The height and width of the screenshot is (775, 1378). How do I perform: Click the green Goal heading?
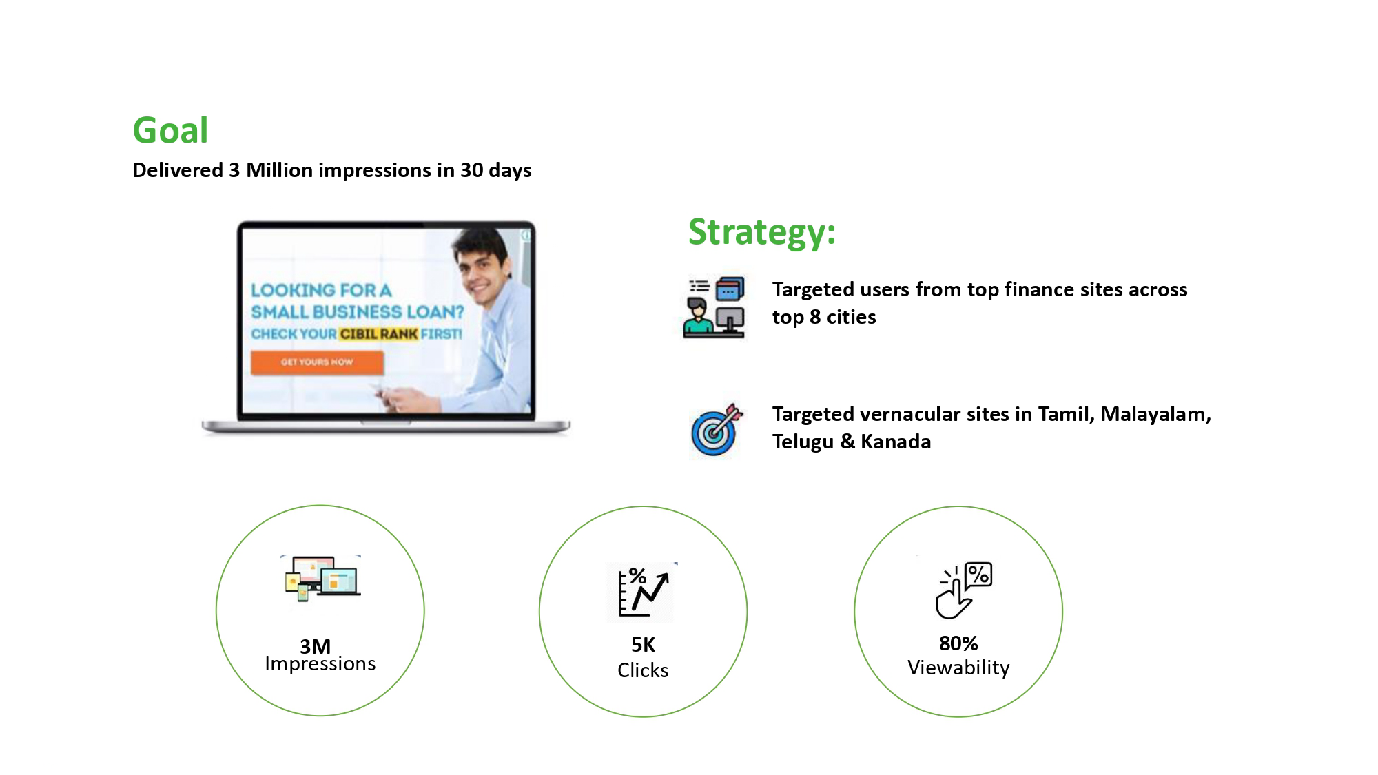pos(170,131)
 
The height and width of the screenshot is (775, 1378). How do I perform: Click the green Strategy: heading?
pos(761,232)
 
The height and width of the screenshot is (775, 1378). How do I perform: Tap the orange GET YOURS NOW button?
pos(317,362)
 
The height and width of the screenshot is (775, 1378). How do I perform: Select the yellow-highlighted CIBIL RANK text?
pos(378,334)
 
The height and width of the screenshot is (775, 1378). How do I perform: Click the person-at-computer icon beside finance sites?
pos(714,307)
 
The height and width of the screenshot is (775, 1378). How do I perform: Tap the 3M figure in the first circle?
pos(315,646)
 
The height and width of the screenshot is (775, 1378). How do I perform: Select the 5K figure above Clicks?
pos(643,645)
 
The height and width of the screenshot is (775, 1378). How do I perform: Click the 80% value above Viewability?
pos(958,643)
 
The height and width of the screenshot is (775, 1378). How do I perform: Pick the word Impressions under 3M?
pos(320,664)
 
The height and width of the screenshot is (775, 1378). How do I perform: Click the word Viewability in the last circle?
pos(958,668)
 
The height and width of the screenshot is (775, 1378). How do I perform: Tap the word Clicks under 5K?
pos(643,670)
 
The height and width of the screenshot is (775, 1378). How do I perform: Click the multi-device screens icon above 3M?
pos(322,578)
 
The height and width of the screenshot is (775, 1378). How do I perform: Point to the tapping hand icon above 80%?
pos(963,590)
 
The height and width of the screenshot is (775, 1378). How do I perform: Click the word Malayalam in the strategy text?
pos(1155,415)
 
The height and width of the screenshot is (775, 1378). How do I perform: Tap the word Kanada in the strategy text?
pos(896,442)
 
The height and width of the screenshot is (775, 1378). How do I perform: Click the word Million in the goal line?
pos(280,170)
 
